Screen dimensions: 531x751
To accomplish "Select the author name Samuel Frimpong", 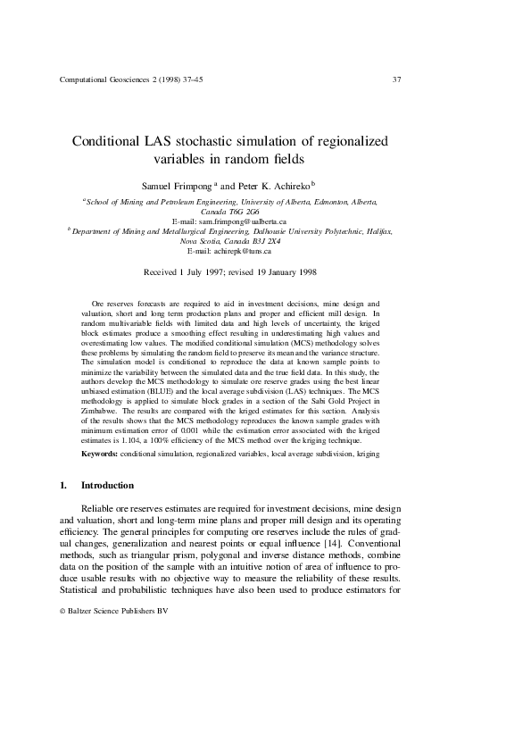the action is point(173,186).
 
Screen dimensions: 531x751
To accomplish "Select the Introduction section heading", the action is point(107,486).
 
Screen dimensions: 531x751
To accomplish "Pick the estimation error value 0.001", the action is point(206,430).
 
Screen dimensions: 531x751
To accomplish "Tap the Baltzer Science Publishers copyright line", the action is point(113,611).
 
